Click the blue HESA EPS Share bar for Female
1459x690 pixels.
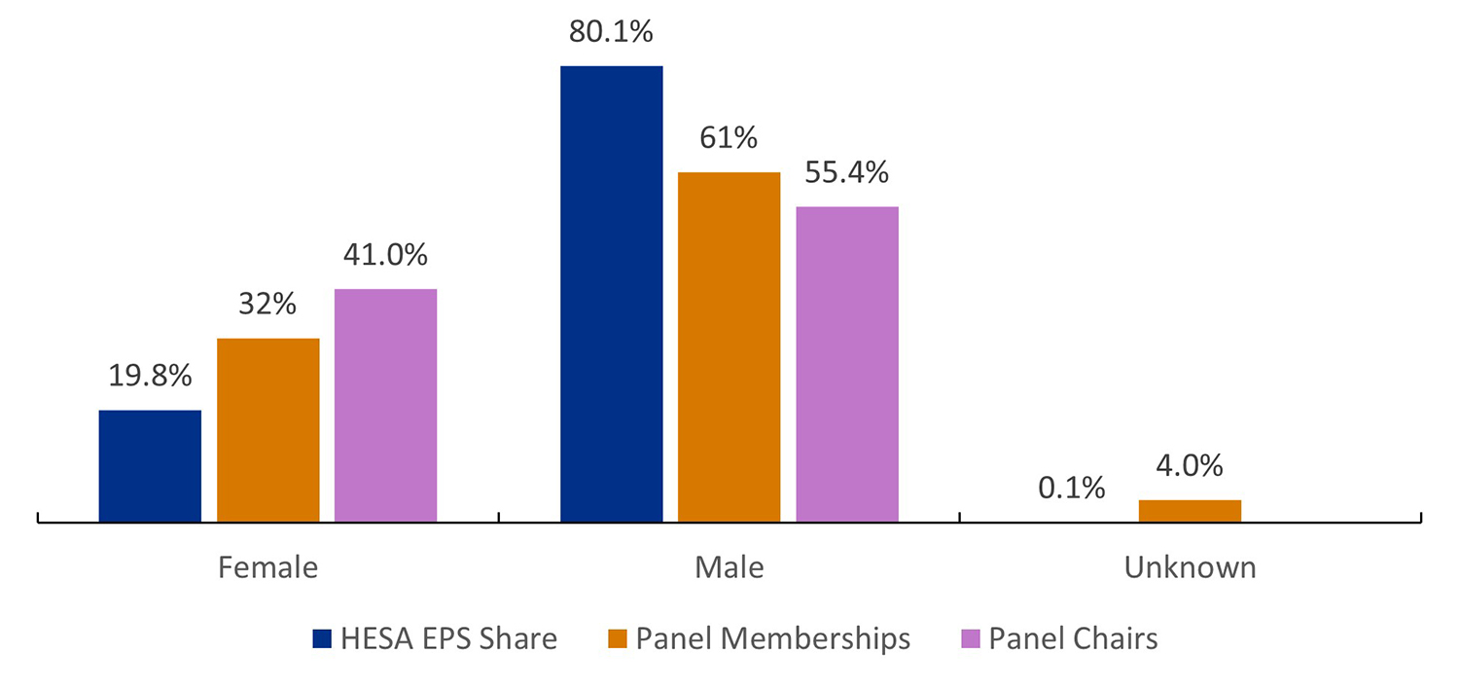pyautogui.click(x=150, y=466)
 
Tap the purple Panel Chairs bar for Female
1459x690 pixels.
pyautogui.click(x=385, y=405)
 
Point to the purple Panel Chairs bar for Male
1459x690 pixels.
pyautogui.click(x=847, y=364)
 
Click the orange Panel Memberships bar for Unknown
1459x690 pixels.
pyautogui.click(x=1190, y=511)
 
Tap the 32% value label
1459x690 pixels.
pyautogui.click(x=268, y=305)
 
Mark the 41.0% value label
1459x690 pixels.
pyautogui.click(x=385, y=255)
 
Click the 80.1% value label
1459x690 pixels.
pyautogui.click(x=612, y=32)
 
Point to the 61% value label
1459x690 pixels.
pyautogui.click(x=729, y=138)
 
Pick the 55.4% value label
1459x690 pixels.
pyautogui.click(x=847, y=173)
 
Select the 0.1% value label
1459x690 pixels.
pyautogui.click(x=1072, y=488)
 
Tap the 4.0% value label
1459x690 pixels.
pyautogui.click(x=1190, y=466)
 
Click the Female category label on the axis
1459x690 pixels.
pyautogui.click(x=267, y=567)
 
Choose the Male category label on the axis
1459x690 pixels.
pyautogui.click(x=729, y=567)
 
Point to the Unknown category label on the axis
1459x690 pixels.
pyautogui.click(x=1190, y=567)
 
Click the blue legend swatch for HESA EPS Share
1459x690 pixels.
pyautogui.click(x=322, y=638)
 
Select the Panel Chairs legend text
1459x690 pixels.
pyautogui.click(x=1073, y=638)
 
